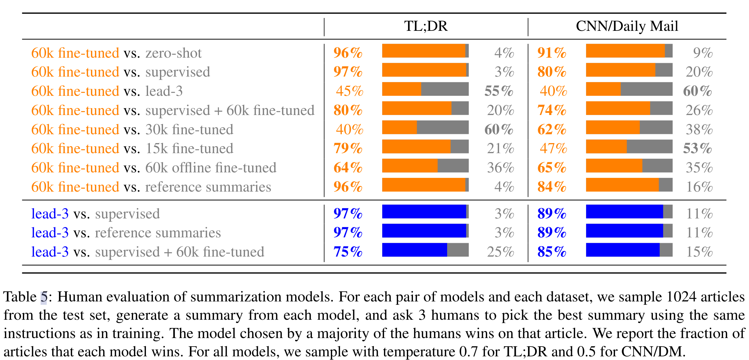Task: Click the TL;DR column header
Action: click(x=426, y=26)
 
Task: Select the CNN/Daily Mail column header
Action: click(x=627, y=26)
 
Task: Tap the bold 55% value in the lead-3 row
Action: click(x=499, y=91)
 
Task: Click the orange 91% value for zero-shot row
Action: click(x=552, y=53)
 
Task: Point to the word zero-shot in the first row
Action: click(x=173, y=53)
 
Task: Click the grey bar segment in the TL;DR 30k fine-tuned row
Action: click(x=443, y=127)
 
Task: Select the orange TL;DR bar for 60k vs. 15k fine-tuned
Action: click(x=416, y=146)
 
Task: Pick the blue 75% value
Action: click(x=348, y=252)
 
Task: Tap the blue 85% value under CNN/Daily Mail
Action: click(x=552, y=252)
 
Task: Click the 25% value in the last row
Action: click(x=501, y=252)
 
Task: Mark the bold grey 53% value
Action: click(x=697, y=148)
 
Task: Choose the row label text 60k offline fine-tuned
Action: click(x=211, y=167)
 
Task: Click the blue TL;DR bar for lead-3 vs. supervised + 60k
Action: click(x=414, y=250)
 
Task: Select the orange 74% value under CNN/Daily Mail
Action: click(x=552, y=110)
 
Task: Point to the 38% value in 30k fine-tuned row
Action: click(x=699, y=129)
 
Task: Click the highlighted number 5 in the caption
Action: click(x=44, y=297)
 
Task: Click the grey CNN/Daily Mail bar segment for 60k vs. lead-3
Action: click(x=646, y=89)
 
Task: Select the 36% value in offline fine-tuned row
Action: click(x=501, y=167)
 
